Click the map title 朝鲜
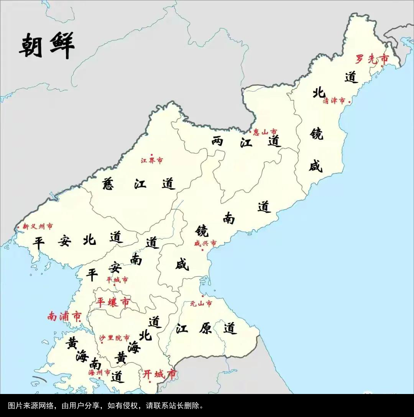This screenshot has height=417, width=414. pos(47,45)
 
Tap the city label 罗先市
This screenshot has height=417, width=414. pos(371,59)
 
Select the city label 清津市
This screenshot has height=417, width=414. pos(334,101)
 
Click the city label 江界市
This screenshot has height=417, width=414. pos(151,161)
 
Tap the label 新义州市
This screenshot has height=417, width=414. pos(38,227)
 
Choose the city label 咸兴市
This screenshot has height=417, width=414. pos(205,243)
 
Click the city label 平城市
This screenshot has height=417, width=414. pos(117,280)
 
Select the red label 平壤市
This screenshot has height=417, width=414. pos(113,302)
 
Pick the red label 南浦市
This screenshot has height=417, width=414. pos(64,317)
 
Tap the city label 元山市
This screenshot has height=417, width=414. pos(201,304)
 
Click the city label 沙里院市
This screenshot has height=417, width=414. pos(114,338)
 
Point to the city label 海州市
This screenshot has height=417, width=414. pos(99,373)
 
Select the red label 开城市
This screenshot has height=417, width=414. pos(159,374)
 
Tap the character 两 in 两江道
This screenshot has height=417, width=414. pos(217,141)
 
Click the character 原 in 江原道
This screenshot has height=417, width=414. pos(205,328)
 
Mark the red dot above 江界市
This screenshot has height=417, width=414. pos(152,154)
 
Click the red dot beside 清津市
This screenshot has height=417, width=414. pos(349,102)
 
